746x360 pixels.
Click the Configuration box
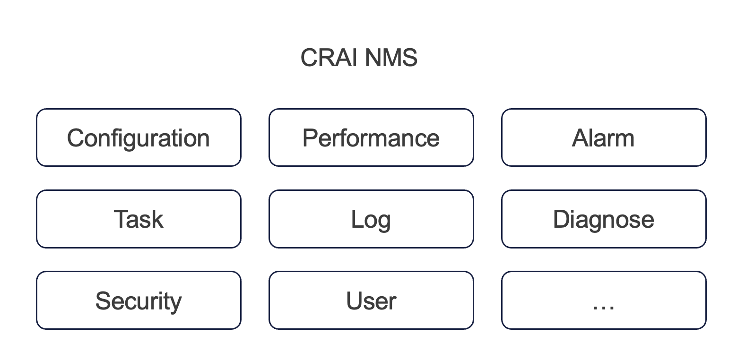point(139,137)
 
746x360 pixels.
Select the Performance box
point(371,137)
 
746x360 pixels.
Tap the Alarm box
point(603,137)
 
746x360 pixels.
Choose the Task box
point(139,219)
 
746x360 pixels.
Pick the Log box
point(371,219)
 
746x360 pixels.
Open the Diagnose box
point(603,219)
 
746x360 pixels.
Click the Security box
point(139,300)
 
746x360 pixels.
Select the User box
point(371,300)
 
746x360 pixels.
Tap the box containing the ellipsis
point(603,300)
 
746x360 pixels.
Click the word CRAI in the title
point(330,58)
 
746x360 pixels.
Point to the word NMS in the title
point(391,58)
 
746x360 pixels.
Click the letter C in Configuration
point(76,138)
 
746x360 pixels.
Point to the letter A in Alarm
point(581,138)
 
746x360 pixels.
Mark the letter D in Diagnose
point(562,219)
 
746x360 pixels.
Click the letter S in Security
point(104,301)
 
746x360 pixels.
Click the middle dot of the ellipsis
point(603,309)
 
